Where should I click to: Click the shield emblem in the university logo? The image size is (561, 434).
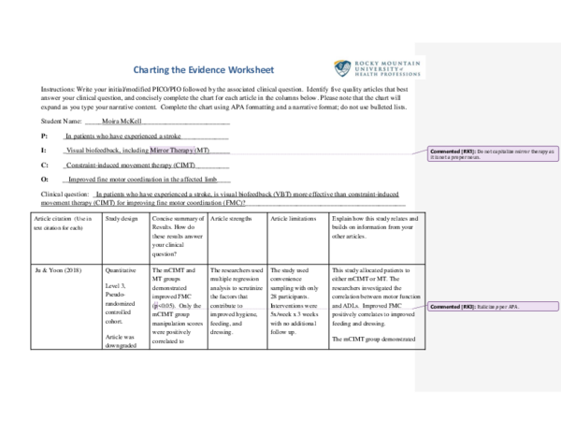(342, 68)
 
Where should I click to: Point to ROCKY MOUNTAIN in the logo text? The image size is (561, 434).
(387, 62)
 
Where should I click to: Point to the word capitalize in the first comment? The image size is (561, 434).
(500, 151)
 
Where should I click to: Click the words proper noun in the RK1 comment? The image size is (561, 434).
(463, 156)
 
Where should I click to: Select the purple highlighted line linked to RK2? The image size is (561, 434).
(280, 308)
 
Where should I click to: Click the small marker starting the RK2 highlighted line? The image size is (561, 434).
(156, 304)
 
